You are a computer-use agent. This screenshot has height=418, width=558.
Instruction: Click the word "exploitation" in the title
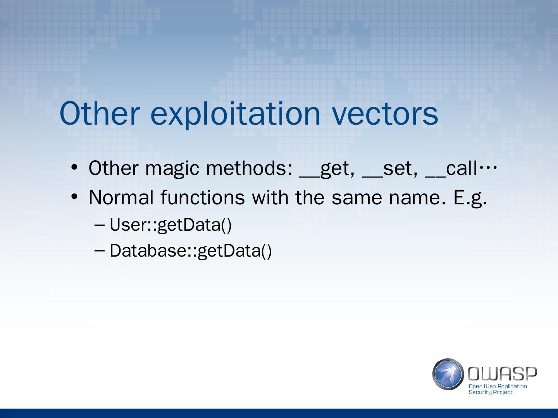tap(235, 115)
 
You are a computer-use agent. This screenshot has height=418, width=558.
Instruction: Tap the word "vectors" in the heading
tap(385, 114)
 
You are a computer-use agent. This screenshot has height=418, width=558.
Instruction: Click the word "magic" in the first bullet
tap(172, 169)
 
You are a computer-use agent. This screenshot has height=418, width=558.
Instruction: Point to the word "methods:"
tap(249, 168)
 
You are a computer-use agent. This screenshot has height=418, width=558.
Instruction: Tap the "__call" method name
tap(451, 168)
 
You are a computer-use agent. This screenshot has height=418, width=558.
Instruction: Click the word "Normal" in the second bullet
tap(121, 197)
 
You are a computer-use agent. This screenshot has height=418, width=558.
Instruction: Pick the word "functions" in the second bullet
tap(203, 197)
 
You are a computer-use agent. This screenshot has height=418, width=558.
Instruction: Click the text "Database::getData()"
tap(191, 251)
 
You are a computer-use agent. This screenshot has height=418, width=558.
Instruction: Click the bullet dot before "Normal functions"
tap(74, 196)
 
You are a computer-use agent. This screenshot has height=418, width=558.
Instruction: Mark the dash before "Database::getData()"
tap(99, 250)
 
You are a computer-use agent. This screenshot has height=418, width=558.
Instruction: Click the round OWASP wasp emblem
tap(448, 374)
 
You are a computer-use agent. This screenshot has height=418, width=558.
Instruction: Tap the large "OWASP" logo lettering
tap(502, 373)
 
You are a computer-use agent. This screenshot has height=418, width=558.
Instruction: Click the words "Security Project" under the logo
tap(491, 392)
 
